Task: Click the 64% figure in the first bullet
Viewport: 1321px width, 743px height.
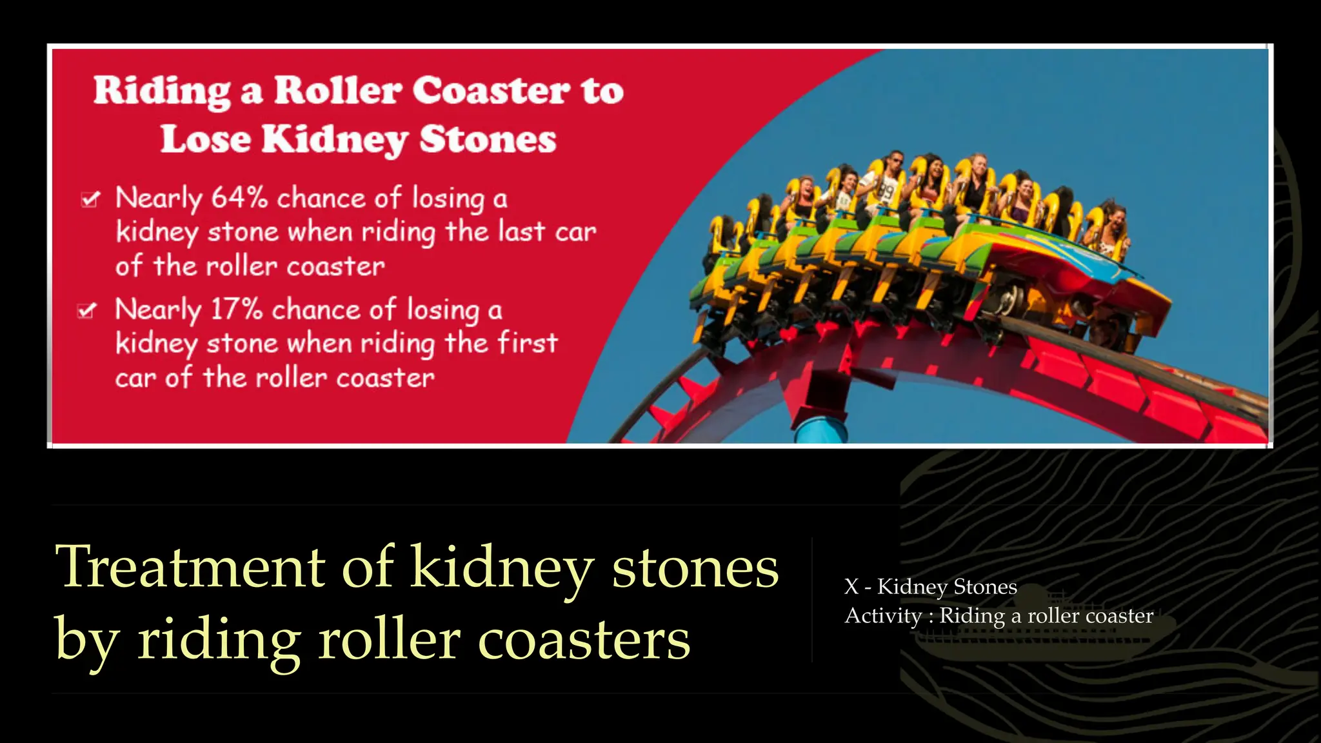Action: (x=239, y=197)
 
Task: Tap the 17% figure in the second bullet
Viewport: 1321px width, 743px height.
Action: (x=236, y=310)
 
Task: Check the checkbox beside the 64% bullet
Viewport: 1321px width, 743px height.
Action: (x=90, y=199)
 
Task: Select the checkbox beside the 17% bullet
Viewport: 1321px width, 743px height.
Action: (x=87, y=311)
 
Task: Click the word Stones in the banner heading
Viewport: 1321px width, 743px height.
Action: (x=488, y=140)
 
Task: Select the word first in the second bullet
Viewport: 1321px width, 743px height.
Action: (x=527, y=343)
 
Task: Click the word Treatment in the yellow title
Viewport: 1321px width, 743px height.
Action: (x=190, y=568)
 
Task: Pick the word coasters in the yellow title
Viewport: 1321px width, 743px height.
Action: (x=584, y=640)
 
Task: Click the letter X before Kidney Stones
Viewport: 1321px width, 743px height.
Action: (x=851, y=587)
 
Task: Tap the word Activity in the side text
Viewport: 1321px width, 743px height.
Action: (x=883, y=616)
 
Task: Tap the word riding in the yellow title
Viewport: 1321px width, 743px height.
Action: (x=219, y=640)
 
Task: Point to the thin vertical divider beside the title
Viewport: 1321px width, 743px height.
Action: (x=811, y=600)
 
